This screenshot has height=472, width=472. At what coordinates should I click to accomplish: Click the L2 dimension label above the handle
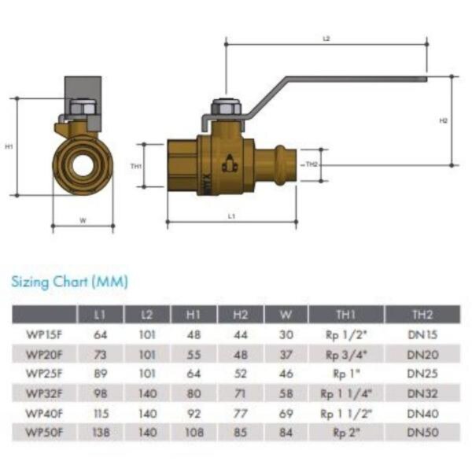(326, 39)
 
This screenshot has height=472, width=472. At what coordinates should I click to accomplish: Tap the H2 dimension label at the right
(443, 120)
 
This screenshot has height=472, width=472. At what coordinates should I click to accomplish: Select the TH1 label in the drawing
(136, 166)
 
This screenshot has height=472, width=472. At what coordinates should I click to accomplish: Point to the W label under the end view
(83, 220)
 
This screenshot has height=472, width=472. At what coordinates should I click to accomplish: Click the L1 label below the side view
(231, 216)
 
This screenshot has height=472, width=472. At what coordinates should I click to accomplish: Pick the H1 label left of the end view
(9, 146)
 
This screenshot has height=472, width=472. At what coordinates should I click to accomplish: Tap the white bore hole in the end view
(83, 165)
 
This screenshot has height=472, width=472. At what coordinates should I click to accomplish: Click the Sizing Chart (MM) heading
(69, 282)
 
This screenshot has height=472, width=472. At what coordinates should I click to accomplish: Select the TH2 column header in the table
(422, 315)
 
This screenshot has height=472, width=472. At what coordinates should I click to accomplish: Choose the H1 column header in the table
(194, 315)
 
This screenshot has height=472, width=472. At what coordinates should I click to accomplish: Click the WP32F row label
(44, 393)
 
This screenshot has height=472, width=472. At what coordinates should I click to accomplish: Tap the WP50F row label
(44, 433)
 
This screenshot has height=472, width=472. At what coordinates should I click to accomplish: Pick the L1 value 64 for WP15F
(100, 335)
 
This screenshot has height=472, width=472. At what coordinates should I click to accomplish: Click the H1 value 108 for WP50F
(194, 433)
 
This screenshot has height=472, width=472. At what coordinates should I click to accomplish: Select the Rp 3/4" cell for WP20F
(346, 356)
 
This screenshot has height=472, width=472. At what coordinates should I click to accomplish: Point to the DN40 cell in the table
(422, 414)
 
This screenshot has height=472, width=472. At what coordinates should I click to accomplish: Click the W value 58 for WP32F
(286, 393)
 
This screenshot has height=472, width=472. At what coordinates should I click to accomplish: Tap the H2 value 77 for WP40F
(240, 414)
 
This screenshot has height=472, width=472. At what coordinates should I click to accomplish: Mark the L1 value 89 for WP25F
(101, 374)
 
